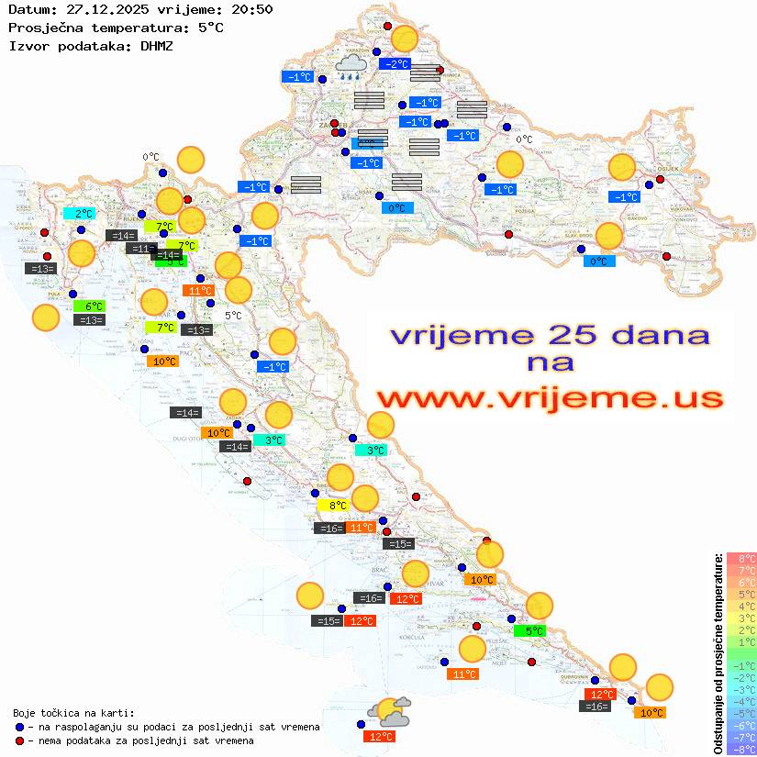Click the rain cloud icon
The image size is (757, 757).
(350, 66)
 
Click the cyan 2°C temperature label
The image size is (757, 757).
(83, 214)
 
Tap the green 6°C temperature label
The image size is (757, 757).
(94, 306)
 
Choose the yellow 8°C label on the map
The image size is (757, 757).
(337, 506)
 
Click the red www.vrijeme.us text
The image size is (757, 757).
(549, 399)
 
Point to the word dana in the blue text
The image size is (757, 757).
(653, 335)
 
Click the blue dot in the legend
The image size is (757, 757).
(19, 727)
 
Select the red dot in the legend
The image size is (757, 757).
(19, 740)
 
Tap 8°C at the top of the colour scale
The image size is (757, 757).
(741, 559)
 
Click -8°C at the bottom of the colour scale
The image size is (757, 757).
(741, 750)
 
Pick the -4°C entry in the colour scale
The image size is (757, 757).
(741, 702)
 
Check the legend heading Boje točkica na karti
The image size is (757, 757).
(73, 713)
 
